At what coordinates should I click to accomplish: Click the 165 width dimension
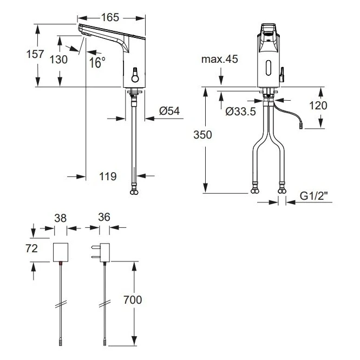[110, 17]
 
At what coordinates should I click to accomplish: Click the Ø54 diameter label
[169, 111]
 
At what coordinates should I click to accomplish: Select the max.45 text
[220, 60]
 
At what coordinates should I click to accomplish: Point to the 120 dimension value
[318, 105]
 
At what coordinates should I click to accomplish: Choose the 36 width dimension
[104, 217]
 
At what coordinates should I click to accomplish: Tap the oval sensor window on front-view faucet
[268, 68]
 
